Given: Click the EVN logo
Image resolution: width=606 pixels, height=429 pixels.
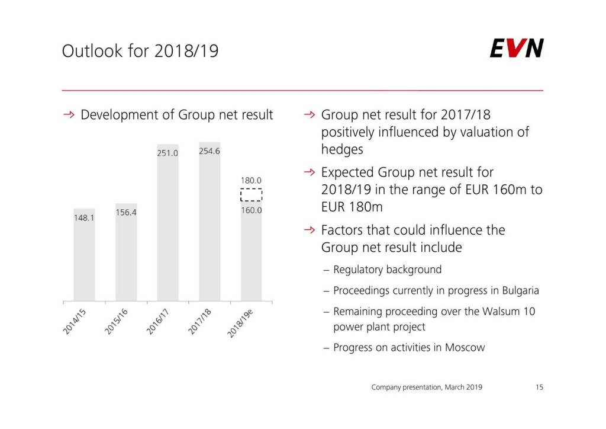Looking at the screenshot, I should tap(516, 49).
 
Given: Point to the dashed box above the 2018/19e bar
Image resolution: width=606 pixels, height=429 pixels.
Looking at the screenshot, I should tap(251, 195).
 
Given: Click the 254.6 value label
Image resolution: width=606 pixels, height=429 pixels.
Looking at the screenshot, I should tap(209, 151).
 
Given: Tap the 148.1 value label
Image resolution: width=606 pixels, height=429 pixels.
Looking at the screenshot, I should tap(84, 217).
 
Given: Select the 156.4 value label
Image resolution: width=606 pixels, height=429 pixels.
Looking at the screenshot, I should tap(126, 212).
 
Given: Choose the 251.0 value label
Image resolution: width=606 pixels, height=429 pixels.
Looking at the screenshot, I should tap(167, 153).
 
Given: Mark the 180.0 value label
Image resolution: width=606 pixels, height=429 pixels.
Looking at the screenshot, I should tap(251, 180).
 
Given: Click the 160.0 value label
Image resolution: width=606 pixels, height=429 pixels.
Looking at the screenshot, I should tap(251, 210).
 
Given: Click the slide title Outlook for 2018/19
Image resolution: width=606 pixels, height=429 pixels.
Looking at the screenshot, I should tap(140, 52).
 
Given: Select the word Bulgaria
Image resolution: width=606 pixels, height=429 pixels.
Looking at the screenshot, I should tap(520, 291).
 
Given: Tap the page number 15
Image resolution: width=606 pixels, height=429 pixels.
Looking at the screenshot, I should tap(539, 388).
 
